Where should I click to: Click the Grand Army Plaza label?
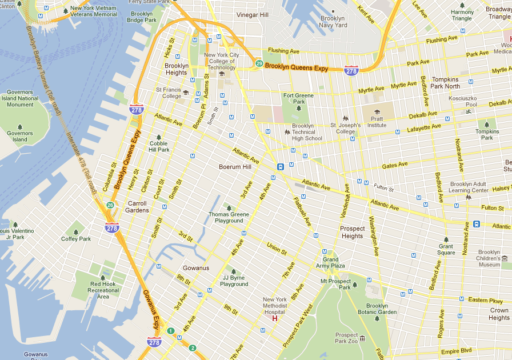[334, 263]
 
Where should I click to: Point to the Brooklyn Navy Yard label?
[333, 22]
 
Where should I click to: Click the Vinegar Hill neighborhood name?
[252, 14]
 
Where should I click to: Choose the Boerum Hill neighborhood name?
[235, 167]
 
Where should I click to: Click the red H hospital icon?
[274, 318]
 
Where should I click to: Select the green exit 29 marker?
[259, 63]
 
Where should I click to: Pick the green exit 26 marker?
[110, 205]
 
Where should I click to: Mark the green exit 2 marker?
[193, 348]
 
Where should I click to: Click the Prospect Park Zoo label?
[347, 338]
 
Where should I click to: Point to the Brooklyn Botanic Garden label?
[377, 309]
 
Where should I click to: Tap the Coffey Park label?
[76, 239]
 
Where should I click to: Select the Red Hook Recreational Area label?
[103, 290]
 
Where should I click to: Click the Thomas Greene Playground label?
[229, 217]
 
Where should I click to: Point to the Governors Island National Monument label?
[20, 98]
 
